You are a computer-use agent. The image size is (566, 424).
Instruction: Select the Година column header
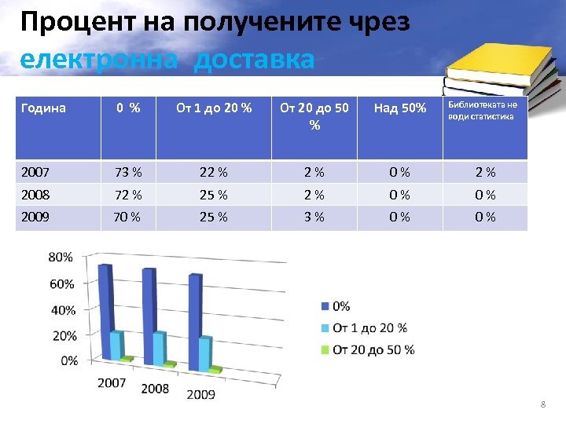[43, 108]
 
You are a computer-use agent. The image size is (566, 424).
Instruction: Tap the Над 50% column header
[399, 108]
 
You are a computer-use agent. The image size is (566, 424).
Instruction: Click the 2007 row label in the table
[35, 172]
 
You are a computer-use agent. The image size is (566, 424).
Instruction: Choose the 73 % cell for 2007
[128, 172]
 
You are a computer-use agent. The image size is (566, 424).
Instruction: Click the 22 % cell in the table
[213, 172]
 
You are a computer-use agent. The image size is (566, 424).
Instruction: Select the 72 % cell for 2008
[128, 195]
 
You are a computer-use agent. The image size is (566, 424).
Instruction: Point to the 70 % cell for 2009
[128, 217]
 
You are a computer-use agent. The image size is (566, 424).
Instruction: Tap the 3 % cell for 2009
[314, 217]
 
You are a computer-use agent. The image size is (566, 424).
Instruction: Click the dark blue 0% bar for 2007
[105, 310]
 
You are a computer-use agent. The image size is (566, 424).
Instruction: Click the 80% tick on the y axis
[61, 257]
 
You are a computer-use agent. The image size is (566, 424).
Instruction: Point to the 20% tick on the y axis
[64, 335]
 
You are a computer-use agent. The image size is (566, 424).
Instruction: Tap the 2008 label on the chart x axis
[155, 389]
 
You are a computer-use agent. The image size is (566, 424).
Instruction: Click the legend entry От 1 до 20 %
[369, 327]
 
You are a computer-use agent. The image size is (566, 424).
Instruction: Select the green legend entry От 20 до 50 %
[373, 349]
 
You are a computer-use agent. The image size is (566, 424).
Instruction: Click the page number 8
[543, 404]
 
